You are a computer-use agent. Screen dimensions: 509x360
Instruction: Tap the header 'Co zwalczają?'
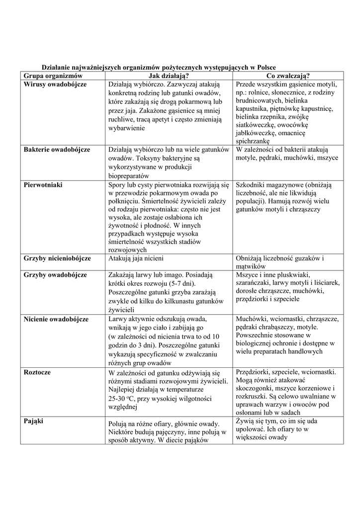[288, 76]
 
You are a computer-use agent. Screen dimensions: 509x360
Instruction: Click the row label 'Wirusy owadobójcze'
[55, 85]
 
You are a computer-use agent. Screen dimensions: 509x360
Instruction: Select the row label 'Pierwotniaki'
[43, 184]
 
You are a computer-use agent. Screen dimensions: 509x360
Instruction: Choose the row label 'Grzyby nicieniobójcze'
[57, 258]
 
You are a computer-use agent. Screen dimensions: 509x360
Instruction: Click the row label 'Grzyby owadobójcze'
[55, 275]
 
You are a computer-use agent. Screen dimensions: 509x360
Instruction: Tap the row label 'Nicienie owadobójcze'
[56, 319]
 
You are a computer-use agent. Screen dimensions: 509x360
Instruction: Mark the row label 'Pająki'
[34, 421]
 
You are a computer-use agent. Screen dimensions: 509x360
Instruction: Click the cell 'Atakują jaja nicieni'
[136, 258]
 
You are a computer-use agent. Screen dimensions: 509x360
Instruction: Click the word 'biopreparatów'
[129, 175]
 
